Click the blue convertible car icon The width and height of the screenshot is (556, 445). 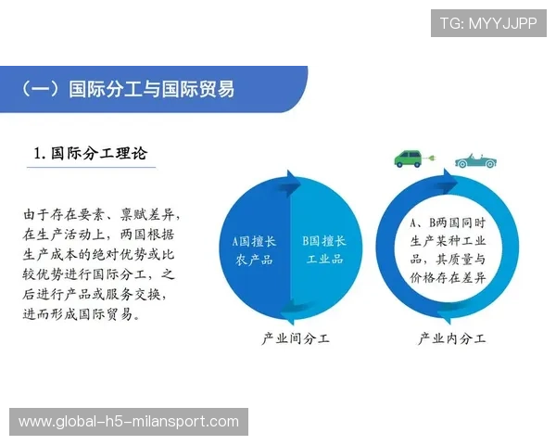coord(474,159)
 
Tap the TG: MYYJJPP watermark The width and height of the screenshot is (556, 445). coord(487,23)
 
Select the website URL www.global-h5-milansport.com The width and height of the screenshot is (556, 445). coord(129,422)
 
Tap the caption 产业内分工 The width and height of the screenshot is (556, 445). coord(451,338)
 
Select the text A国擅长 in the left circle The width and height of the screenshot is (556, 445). coord(254,240)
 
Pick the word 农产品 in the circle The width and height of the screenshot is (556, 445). coord(254,260)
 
